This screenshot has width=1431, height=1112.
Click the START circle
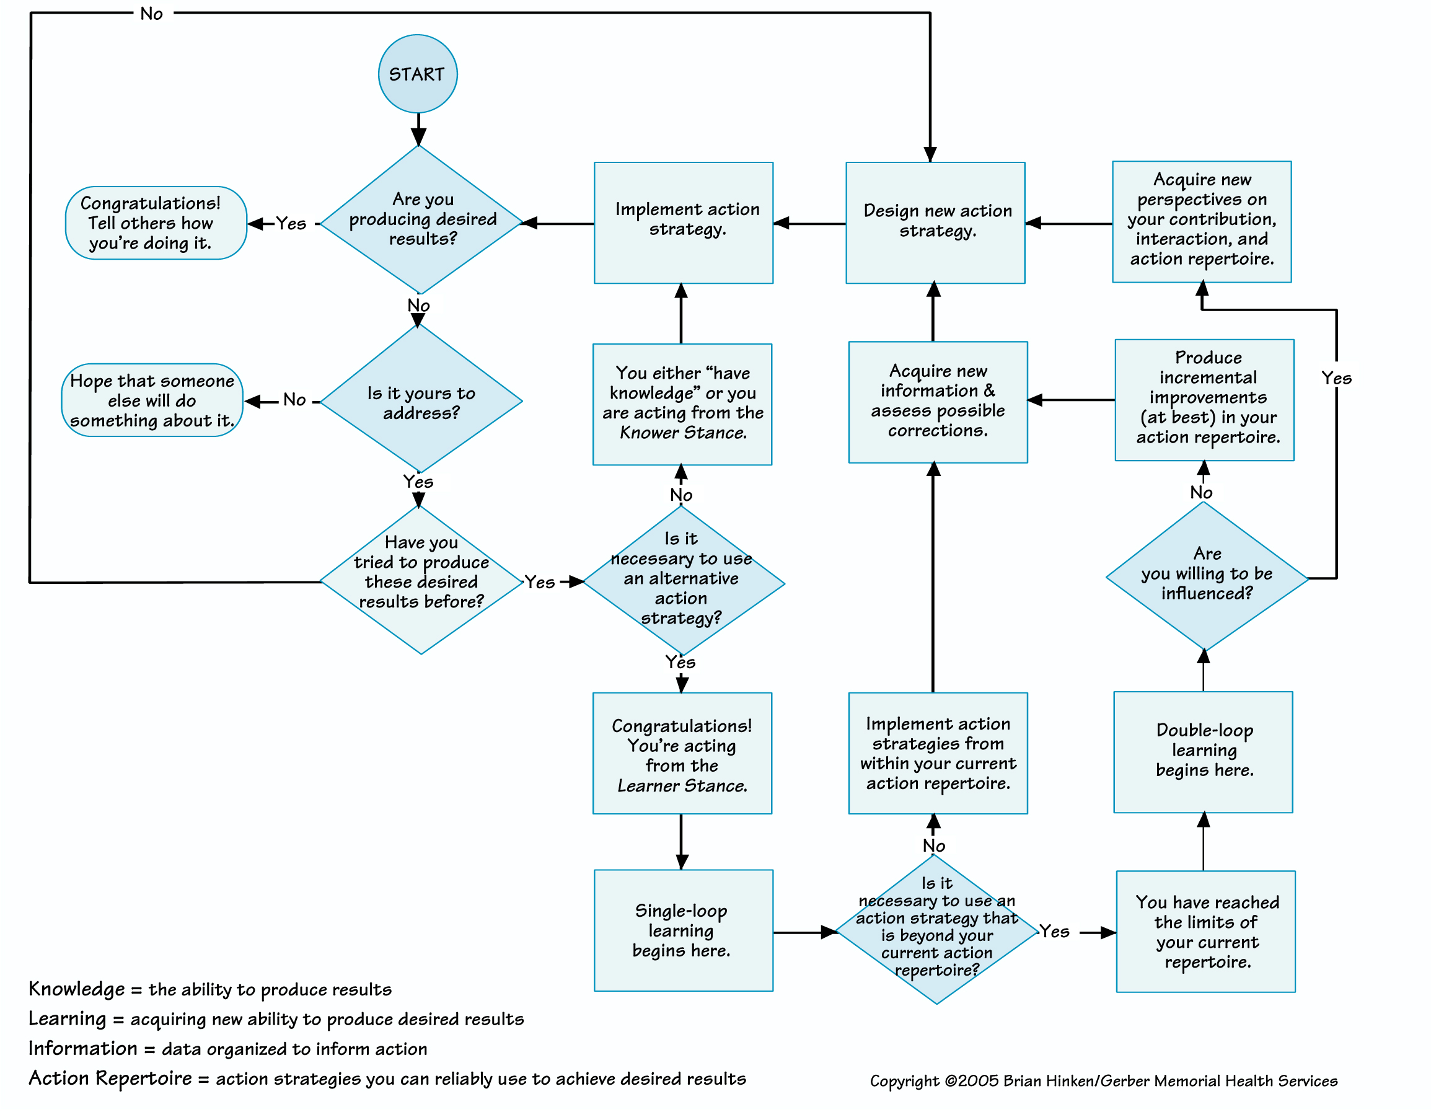click(x=417, y=73)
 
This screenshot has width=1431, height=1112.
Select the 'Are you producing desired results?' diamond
click(x=421, y=219)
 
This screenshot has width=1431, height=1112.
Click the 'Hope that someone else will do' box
click(x=152, y=400)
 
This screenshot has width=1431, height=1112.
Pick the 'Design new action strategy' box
click(x=935, y=222)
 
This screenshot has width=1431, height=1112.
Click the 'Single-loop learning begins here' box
click(x=683, y=930)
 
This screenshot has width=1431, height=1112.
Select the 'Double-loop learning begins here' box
click(x=1203, y=751)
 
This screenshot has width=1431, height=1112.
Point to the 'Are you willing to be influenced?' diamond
click(x=1206, y=575)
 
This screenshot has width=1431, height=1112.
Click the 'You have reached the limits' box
click(x=1205, y=931)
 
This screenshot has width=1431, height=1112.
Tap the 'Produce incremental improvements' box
click(x=1204, y=399)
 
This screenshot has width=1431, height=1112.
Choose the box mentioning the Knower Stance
click(x=682, y=404)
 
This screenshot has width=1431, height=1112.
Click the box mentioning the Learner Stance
click(x=682, y=754)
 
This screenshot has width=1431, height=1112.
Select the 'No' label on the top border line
click(x=151, y=14)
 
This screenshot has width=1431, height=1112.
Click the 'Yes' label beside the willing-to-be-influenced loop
click(x=1336, y=378)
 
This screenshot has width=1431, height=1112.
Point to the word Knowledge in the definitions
click(x=77, y=989)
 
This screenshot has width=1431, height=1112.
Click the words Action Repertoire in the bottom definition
click(x=110, y=1078)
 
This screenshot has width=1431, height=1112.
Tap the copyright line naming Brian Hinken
click(x=1103, y=1080)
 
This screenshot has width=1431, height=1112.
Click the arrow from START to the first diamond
click(x=418, y=130)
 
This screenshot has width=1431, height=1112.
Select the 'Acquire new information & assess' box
click(x=938, y=402)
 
